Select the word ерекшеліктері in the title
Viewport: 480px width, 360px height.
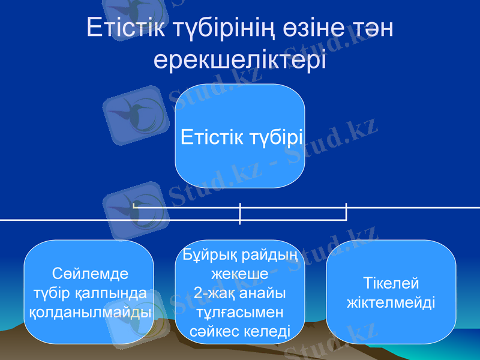[x=240, y=59]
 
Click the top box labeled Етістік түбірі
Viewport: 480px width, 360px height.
[x=240, y=137]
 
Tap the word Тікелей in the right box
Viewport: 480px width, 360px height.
[x=391, y=283]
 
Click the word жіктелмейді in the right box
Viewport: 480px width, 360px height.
[x=391, y=302]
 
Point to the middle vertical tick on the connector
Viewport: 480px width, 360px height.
[x=240, y=214]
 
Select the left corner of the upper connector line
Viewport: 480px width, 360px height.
[x=134, y=208]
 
